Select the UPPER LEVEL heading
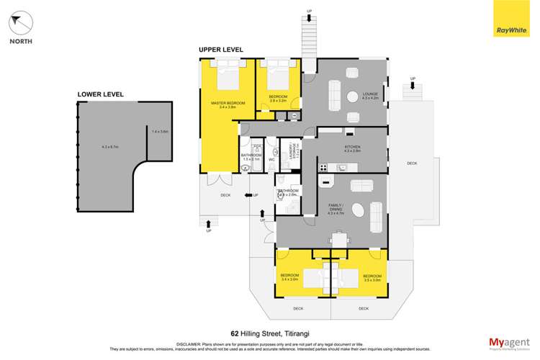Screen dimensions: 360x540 point(221,50)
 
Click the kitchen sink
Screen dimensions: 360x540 point(343,168)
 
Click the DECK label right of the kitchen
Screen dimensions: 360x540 point(412,163)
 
